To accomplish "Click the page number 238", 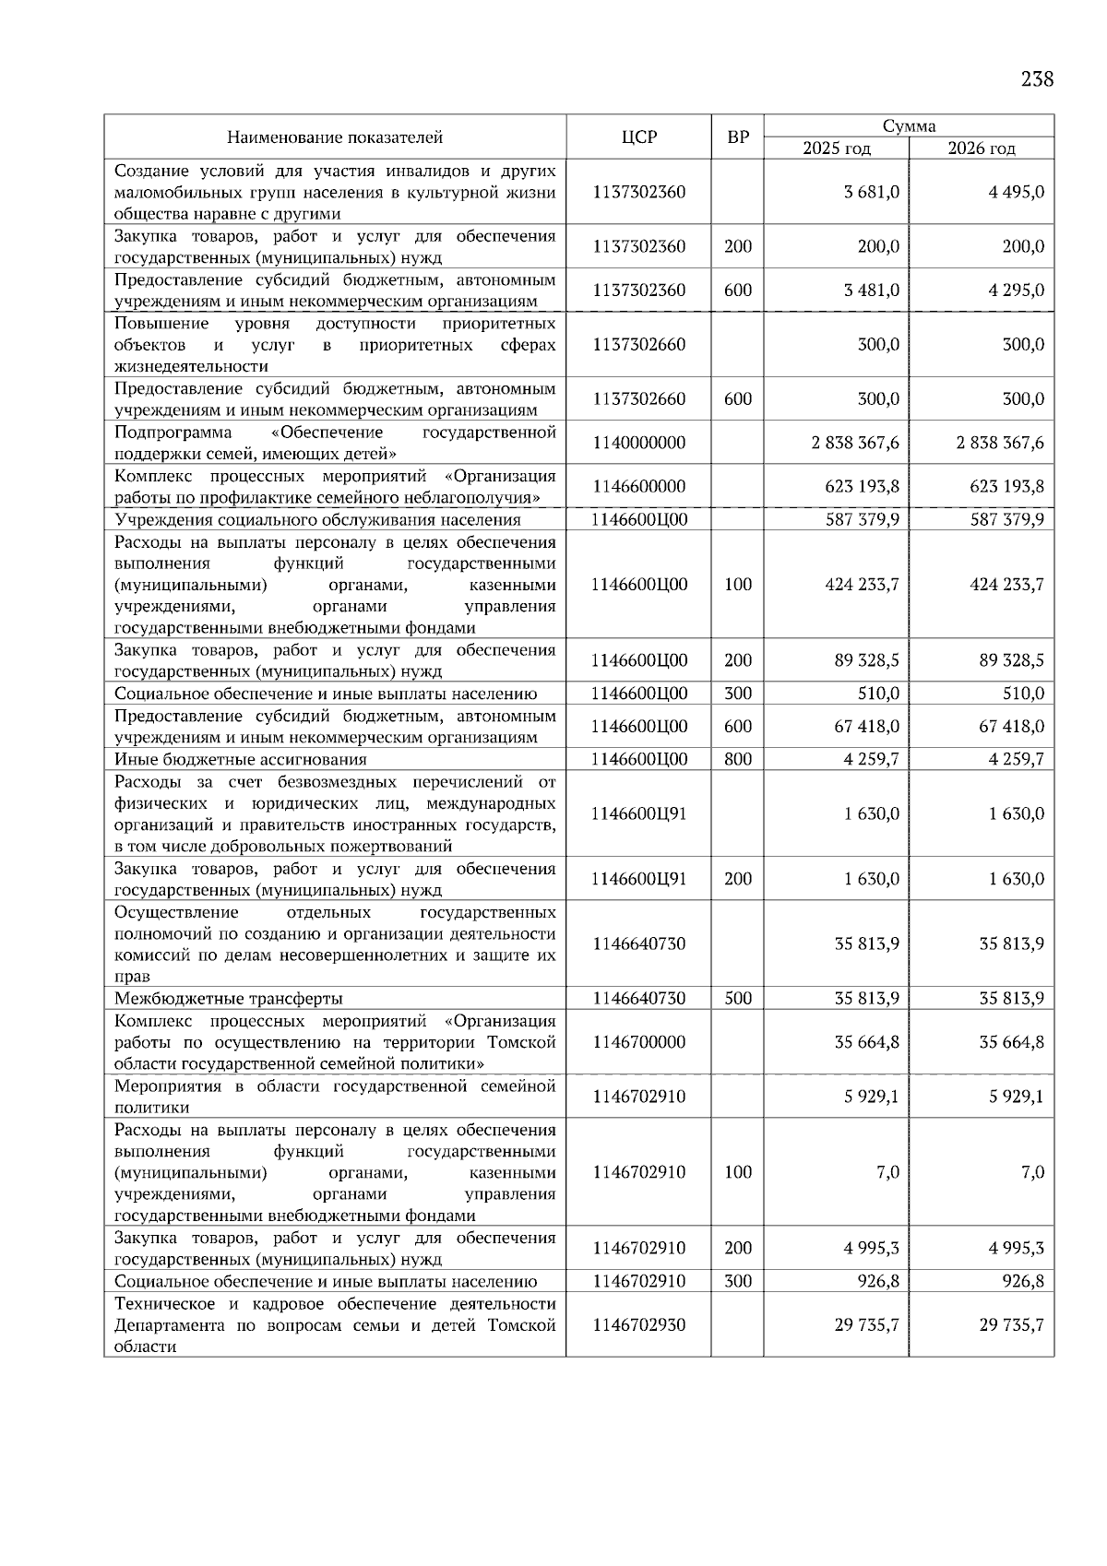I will coord(1037,79).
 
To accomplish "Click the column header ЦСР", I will coord(638,137).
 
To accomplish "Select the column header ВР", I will coord(737,137).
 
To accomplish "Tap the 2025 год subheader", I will coord(836,148).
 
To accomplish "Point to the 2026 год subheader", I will coord(981,148).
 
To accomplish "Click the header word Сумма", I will coord(909,126).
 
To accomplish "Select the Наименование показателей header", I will coord(335,137).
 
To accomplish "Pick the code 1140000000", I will coord(638,443).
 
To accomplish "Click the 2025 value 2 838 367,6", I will coord(855,443).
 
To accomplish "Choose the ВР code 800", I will coord(737,760).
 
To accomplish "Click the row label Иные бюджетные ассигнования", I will coord(241,760).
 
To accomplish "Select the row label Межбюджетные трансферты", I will coord(229,999).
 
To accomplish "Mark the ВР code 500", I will coord(737,999).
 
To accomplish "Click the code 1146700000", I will coord(638,1042).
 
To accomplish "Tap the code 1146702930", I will coord(638,1325).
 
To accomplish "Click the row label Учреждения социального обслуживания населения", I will coord(317,520).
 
